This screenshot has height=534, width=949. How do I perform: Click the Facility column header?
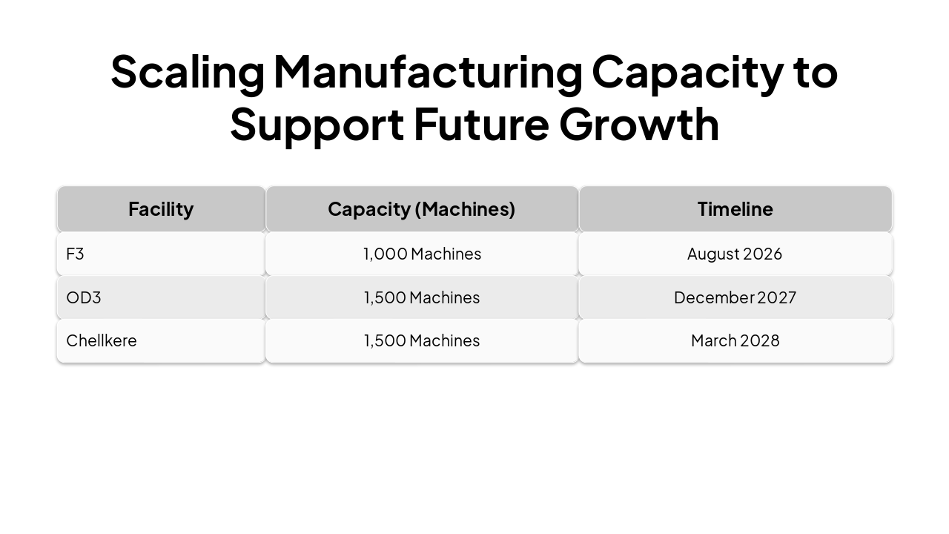pyautogui.click(x=161, y=209)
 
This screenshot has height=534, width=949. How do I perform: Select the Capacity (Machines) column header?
pyautogui.click(x=421, y=209)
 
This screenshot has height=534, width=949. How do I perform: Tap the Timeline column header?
pyautogui.click(x=735, y=209)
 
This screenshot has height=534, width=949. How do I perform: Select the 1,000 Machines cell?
pyautogui.click(x=422, y=254)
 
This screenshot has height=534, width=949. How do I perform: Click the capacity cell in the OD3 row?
pyautogui.click(x=422, y=297)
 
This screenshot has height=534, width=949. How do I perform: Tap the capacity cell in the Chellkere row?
pyautogui.click(x=422, y=340)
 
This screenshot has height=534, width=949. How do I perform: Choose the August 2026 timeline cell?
pyautogui.click(x=734, y=254)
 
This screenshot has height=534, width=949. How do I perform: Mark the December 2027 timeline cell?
pyautogui.click(x=735, y=297)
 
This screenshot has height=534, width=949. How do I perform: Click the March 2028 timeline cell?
pyautogui.click(x=735, y=340)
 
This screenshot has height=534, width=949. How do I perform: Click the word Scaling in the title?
pyautogui.click(x=187, y=73)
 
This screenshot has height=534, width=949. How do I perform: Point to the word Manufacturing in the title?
pyautogui.click(x=428, y=73)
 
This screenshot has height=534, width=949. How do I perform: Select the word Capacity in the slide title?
pyautogui.click(x=687, y=73)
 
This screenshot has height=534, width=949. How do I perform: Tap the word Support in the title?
pyautogui.click(x=317, y=125)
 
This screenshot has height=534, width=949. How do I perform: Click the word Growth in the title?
pyautogui.click(x=639, y=125)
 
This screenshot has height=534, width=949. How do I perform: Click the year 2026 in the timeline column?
pyautogui.click(x=762, y=254)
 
